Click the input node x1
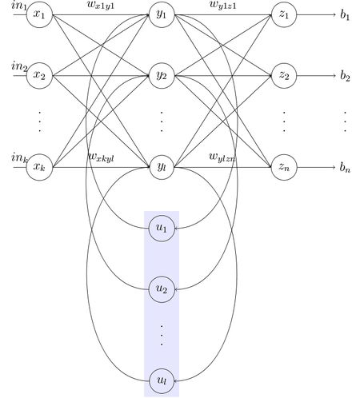coord(39,14)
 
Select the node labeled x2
coord(39,76)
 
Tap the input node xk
coord(39,167)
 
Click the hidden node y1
coord(162,14)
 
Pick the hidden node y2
coord(162,76)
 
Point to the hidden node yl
coord(162,167)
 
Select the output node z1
coord(284,14)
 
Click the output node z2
coord(284,76)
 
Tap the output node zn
coord(284,167)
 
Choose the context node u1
coord(162,229)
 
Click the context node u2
coord(162,289)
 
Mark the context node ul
coord(162,381)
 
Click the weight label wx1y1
coord(101,5)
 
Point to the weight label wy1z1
coord(223,5)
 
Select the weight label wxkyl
coord(101,157)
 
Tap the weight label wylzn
coord(222,157)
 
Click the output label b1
coord(345,14)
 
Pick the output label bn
coord(345,167)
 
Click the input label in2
coord(19,66)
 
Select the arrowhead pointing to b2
coord(334,76)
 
